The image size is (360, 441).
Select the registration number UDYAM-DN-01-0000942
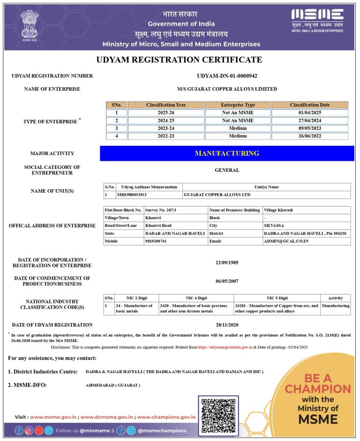pyautogui.click(x=227, y=76)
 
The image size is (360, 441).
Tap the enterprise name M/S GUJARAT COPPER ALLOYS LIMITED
pyautogui.click(x=227, y=89)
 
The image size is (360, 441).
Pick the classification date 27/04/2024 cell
pyautogui.click(x=309, y=121)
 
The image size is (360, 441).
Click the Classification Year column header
pyautogui.click(x=165, y=105)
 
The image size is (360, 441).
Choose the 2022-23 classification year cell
pyautogui.click(x=165, y=136)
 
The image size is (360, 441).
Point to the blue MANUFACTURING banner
pyautogui.click(x=227, y=153)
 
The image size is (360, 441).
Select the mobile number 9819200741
pyautogui.click(x=156, y=241)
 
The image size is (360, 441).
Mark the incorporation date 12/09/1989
pyautogui.click(x=227, y=263)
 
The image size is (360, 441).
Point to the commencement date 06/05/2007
pyautogui.click(x=227, y=281)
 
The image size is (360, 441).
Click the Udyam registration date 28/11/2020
pyautogui.click(x=227, y=325)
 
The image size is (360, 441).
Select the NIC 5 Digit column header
pyautogui.click(x=277, y=298)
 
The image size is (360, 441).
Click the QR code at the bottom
pyautogui.click(x=218, y=414)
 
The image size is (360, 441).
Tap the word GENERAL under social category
pyautogui.click(x=227, y=170)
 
